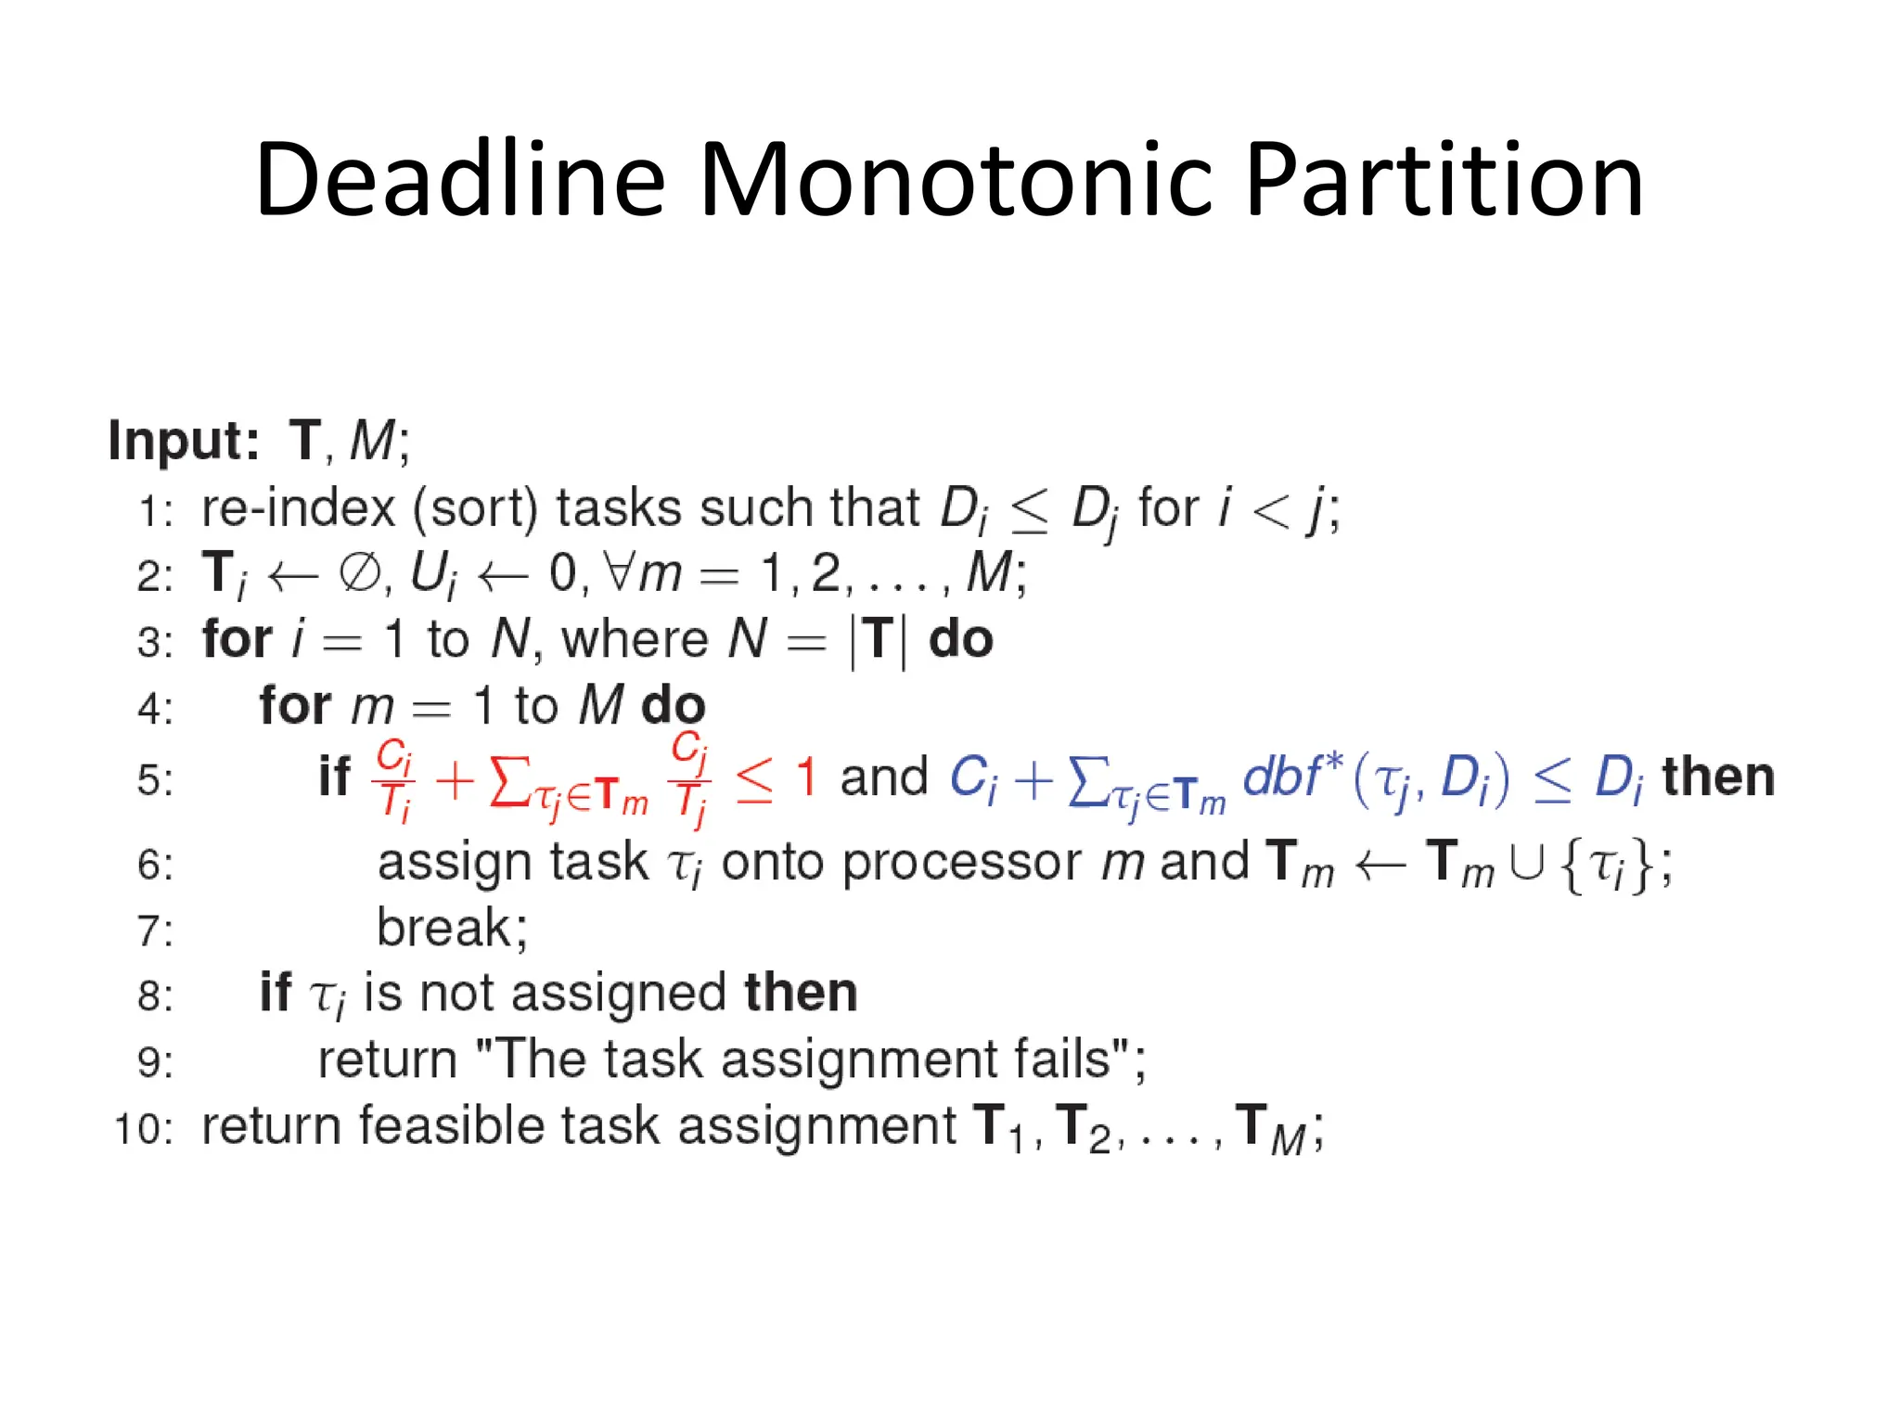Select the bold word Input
coord(182,440)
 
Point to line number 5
coord(155,779)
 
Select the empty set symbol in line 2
coord(358,572)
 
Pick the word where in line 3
coord(635,639)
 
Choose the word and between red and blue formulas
coord(883,777)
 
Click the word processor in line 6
coord(961,863)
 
